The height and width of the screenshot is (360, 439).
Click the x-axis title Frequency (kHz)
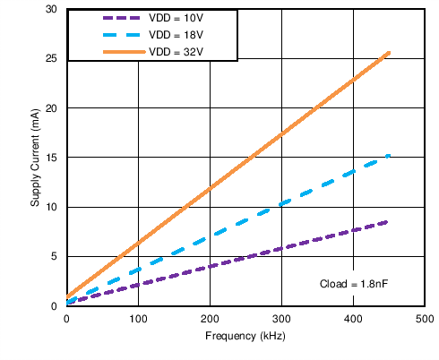point(245,336)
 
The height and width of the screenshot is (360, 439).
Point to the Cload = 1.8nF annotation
point(357,284)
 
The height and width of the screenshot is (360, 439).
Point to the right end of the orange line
point(389,52)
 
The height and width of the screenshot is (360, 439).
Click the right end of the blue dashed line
point(389,156)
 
